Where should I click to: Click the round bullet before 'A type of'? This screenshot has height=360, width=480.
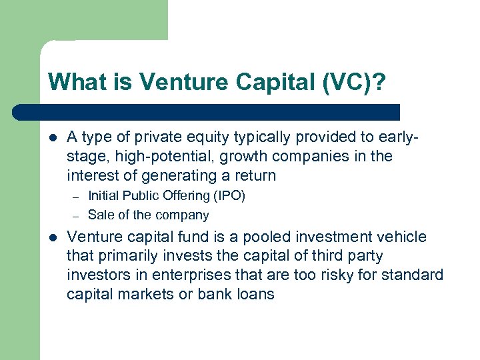(53, 137)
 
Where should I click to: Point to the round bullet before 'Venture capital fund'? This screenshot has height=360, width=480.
(53, 237)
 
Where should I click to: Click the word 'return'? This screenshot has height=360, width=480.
(254, 176)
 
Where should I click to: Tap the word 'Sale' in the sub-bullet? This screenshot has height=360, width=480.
(100, 215)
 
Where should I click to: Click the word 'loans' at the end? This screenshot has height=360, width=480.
(255, 295)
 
